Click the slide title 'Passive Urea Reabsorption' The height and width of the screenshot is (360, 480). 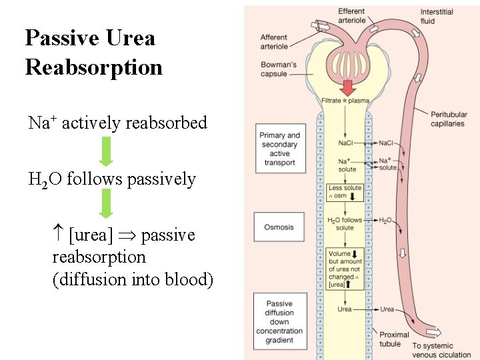[93, 52]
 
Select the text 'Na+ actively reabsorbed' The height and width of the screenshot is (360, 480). [117, 123]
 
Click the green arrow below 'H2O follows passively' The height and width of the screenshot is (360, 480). [106, 203]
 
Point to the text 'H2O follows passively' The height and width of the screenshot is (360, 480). [111, 179]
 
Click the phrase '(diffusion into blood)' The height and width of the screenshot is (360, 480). [133, 279]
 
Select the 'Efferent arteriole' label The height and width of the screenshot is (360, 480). [351, 16]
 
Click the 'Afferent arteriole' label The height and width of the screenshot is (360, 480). [274, 42]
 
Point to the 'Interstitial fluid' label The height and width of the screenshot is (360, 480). [437, 16]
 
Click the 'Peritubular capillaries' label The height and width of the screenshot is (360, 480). [447, 119]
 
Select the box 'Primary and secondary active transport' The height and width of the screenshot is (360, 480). [279, 149]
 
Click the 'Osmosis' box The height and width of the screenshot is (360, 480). [279, 227]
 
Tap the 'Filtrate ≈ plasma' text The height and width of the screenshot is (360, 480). [345, 101]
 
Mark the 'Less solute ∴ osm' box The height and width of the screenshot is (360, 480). [345, 191]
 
